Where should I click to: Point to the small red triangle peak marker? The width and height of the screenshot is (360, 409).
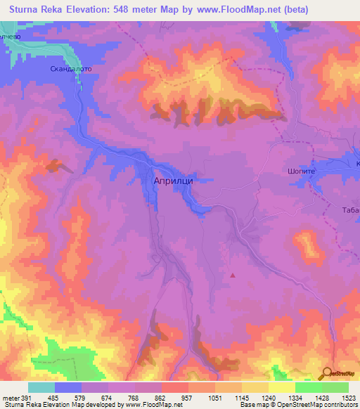pyautogui.click(x=233, y=275)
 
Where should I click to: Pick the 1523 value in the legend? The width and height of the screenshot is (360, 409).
pyautogui.click(x=348, y=398)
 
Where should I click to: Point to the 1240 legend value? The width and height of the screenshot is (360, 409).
pyautogui.click(x=268, y=398)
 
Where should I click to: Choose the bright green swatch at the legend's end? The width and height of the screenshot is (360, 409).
pyautogui.click(x=335, y=387)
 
